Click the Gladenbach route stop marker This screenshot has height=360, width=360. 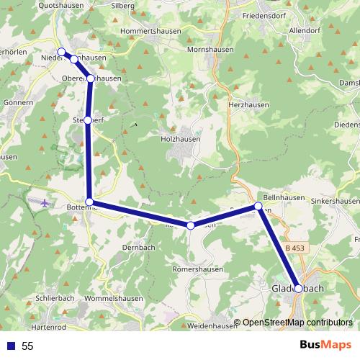(x=298, y=288)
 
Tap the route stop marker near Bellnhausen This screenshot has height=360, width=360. (x=258, y=207)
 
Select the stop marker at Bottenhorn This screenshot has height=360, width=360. (x=89, y=202)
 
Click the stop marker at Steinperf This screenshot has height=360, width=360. (x=88, y=120)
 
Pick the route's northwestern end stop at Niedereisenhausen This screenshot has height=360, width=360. (x=61, y=52)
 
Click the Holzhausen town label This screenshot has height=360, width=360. (x=181, y=138)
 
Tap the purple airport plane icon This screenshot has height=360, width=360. (x=46, y=202)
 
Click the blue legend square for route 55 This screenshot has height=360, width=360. (x=9, y=346)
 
